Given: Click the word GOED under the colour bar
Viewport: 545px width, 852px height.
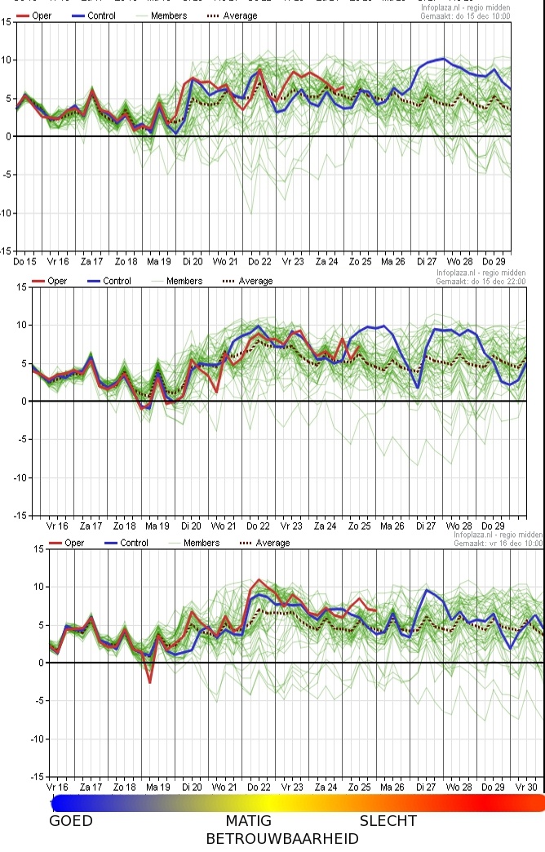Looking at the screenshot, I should click(71, 821).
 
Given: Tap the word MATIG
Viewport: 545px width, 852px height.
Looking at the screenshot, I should click(249, 821).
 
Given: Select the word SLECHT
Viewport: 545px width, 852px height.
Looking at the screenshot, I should click(388, 821).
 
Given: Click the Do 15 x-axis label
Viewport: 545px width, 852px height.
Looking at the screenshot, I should click(24, 261).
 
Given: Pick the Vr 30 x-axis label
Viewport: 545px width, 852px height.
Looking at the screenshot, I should click(526, 788).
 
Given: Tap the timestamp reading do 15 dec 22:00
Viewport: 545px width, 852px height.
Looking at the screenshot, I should click(490, 282).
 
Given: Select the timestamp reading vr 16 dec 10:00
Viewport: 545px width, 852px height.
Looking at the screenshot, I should click(498, 543).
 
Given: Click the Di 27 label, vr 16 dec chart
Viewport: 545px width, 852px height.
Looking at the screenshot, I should click(426, 788).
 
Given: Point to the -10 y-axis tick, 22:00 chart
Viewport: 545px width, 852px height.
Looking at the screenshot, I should click(19, 477).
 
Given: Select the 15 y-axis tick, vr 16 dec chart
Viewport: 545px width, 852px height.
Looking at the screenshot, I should click(38, 548).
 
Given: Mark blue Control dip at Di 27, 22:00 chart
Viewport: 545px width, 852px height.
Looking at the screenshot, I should click(418, 388).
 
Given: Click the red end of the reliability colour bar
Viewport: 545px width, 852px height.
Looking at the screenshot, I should click(534, 803).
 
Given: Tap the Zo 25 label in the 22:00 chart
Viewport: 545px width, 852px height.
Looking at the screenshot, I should click(359, 526).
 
